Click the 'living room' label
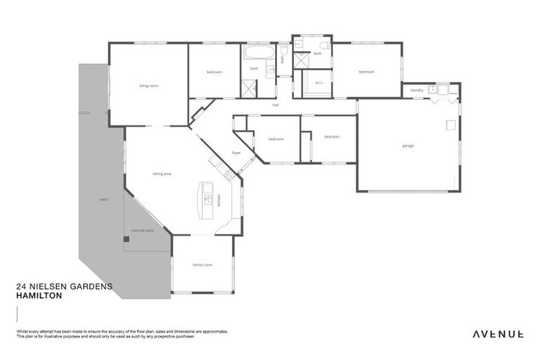point(148,86)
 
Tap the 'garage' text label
point(408,146)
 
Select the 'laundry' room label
point(416,90)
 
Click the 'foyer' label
point(237,153)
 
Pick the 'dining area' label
point(162,173)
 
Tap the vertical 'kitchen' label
point(219,199)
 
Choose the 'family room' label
point(202,264)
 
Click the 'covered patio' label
point(143,230)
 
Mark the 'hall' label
point(276,105)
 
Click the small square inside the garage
point(450,125)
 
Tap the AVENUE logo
point(497,334)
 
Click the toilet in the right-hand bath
point(324,46)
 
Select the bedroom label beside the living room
point(214,72)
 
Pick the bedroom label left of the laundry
point(366,72)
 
